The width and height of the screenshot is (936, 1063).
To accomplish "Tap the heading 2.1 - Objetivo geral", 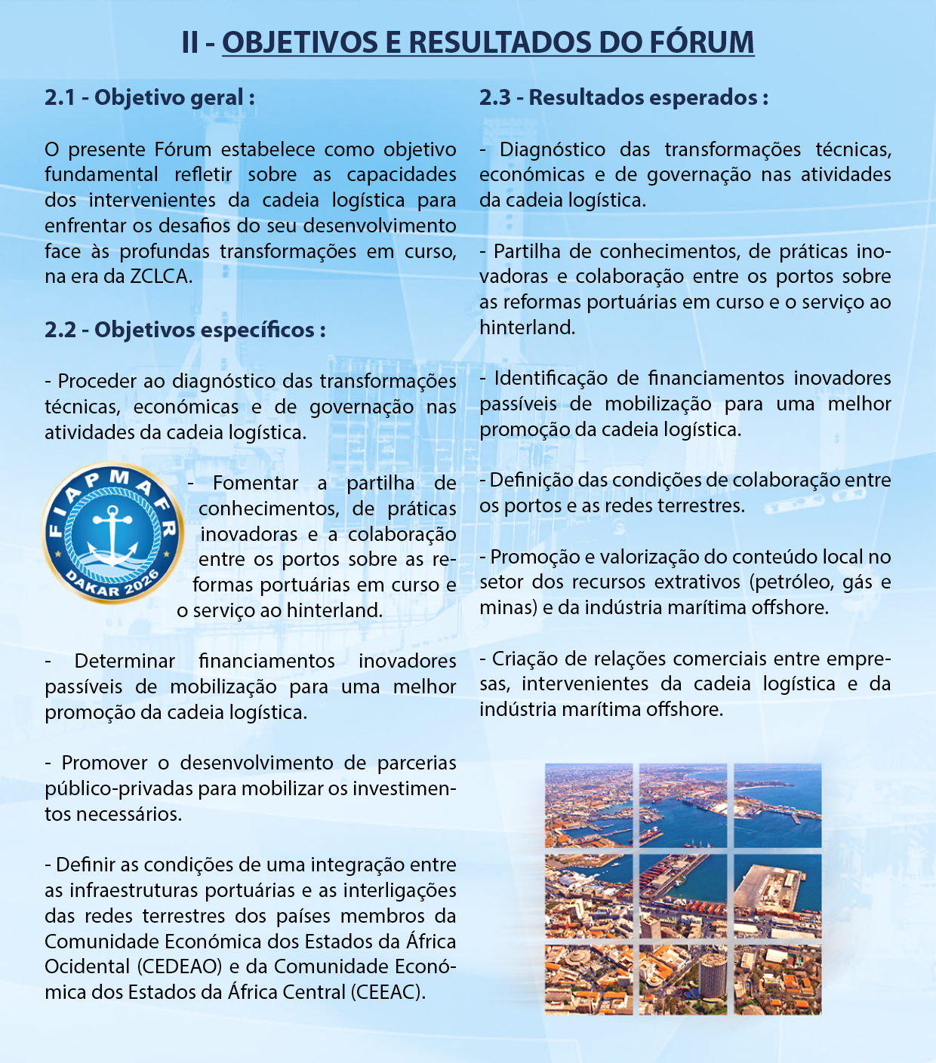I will tap(149, 97).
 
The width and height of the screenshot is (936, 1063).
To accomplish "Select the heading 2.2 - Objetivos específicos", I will tap(185, 330).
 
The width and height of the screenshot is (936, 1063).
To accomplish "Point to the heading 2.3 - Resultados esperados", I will tap(623, 97).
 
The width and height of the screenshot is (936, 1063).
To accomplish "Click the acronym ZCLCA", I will tap(160, 276).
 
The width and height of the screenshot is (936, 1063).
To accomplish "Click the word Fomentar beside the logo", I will tap(255, 483).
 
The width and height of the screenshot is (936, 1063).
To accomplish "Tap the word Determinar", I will tap(125, 661).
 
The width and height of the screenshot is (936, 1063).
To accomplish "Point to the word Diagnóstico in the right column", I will tap(552, 149).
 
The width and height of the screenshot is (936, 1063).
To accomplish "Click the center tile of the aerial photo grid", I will tap(682, 895).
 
